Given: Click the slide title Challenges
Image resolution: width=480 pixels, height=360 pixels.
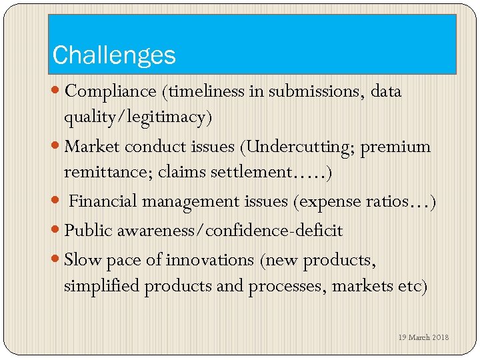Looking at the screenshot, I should pos(114,55).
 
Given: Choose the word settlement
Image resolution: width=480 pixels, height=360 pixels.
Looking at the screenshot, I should pos(251,172).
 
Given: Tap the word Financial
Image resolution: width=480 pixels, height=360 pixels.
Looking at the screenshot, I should pos(103,201).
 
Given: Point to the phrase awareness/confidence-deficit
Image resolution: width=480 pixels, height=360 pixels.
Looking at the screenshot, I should pos(230,231).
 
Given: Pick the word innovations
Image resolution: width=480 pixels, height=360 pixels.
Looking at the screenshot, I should pos(209,259).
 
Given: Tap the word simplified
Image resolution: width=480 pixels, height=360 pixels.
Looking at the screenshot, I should pos(101,286).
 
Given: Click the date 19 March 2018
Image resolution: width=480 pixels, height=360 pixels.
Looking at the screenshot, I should pos(423,337).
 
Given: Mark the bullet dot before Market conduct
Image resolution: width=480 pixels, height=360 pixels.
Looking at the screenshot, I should pos(58,147).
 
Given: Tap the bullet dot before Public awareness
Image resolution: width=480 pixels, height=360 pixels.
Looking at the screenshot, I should pos(58,231).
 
